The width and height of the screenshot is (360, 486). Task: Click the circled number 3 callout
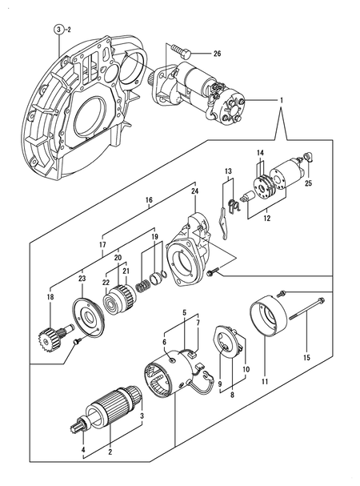tap(59, 30)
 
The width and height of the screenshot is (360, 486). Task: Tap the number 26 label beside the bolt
tap(216, 54)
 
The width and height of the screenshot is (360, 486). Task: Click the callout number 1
tap(281, 100)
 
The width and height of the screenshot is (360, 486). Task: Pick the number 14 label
tap(259, 153)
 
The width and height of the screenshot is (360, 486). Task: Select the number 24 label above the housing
tap(194, 191)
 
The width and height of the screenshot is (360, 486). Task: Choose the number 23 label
tap(81, 279)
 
